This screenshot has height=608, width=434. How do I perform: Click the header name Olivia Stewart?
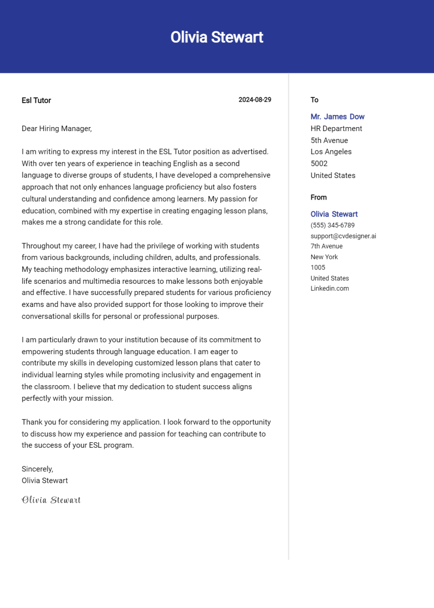217,37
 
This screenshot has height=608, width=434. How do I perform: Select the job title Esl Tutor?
36,101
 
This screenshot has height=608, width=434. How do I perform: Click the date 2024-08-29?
254,100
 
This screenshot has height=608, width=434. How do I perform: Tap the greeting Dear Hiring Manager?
57,129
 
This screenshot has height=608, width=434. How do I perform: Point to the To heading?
314,100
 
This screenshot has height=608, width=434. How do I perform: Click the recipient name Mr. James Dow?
337,117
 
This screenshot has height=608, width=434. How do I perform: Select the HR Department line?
336,129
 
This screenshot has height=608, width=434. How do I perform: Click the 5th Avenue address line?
329,141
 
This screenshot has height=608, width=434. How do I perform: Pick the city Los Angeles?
331,152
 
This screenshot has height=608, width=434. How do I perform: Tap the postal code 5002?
319,163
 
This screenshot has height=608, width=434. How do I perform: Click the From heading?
319,198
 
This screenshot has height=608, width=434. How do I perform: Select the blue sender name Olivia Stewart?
334,214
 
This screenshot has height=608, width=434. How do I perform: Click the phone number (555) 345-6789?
333,225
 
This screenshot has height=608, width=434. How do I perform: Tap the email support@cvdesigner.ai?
343,236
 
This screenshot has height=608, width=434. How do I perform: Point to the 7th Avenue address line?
327,246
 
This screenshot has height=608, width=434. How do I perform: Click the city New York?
324,257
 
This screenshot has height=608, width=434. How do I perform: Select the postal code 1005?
318,268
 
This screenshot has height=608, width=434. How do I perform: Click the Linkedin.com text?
330,289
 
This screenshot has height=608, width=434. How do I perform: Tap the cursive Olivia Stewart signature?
51,500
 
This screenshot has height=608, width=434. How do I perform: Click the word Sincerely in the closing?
37,469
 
